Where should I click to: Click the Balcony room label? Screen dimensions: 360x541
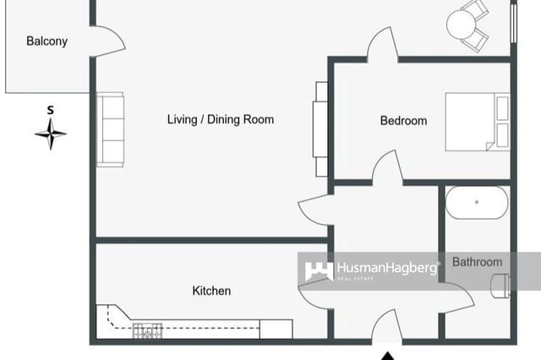coord(46,41)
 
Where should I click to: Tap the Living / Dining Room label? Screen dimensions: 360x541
coord(220,120)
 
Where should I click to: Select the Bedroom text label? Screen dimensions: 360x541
coord(403,121)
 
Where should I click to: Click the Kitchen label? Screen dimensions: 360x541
coord(211,291)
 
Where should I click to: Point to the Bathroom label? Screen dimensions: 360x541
coord(477,262)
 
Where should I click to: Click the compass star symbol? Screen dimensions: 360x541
coord(51,134)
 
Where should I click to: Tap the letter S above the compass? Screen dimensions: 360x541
coord(51,110)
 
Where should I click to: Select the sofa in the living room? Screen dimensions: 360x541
coord(110,128)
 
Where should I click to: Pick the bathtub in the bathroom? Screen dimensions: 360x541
coord(477,203)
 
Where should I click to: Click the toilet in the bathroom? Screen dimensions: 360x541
coord(500,287)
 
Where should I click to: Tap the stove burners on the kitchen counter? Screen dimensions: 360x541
coord(147,331)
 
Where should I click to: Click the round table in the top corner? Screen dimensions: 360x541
coord(462,25)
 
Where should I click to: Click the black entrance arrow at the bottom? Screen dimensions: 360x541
coord(388,353)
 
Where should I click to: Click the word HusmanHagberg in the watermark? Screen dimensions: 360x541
coord(386,268)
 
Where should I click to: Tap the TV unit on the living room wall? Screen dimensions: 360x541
coord(320,128)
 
